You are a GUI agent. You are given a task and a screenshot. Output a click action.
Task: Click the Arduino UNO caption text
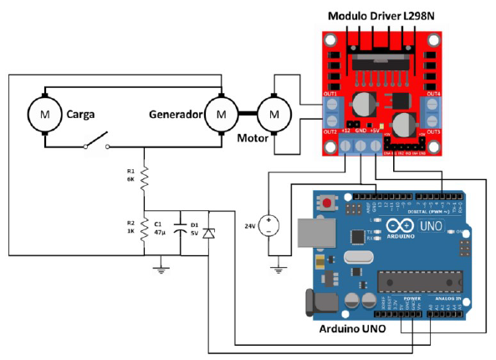353,329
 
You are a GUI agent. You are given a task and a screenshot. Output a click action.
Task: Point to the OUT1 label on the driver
330,95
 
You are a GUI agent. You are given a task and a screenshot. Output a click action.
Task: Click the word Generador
176,113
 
